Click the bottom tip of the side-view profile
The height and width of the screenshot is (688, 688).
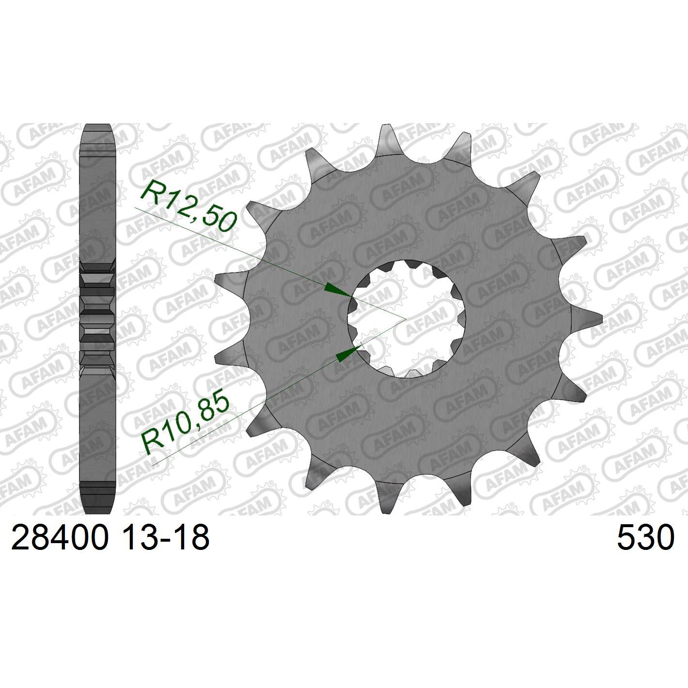pyautogui.click(x=98, y=512)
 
